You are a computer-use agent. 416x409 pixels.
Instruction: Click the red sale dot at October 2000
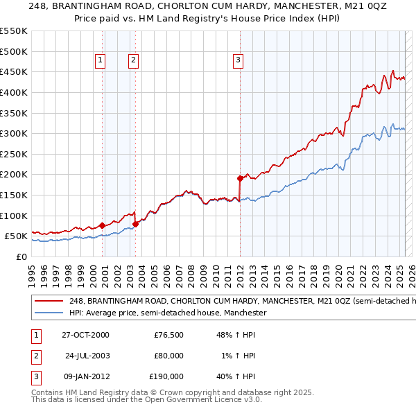pyautogui.click(x=102, y=225)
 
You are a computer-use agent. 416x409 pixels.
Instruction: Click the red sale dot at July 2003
pyautogui.click(x=135, y=223)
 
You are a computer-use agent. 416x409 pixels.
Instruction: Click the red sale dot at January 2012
pyautogui.click(x=240, y=178)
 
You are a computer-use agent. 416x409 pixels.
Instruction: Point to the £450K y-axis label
pyautogui.click(x=14, y=71)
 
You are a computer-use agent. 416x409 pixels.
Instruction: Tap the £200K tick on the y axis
pyautogui.click(x=14, y=174)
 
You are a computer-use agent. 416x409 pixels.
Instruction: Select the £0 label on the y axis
pyautogui.click(x=21, y=256)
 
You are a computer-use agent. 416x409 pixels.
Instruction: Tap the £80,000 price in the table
pyautogui.click(x=168, y=356)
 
